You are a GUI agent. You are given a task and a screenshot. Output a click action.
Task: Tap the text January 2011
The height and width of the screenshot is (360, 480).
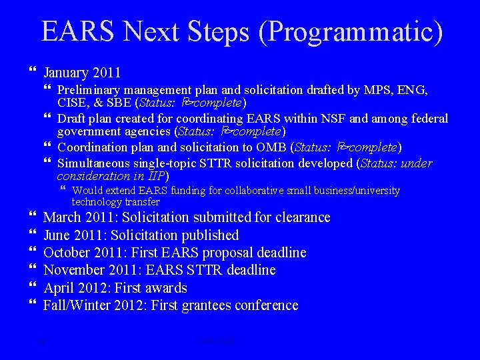point(82,72)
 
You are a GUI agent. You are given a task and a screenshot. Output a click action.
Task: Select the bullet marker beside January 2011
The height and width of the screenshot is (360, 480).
point(34,72)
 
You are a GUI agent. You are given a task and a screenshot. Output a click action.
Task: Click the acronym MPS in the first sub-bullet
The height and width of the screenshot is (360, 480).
point(381,90)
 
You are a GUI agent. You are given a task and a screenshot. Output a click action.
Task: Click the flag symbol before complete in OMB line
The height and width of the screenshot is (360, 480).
point(342,147)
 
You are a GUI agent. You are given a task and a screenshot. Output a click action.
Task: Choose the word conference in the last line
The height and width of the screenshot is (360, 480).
point(266,305)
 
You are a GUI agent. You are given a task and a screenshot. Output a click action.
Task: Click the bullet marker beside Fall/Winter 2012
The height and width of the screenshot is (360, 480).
point(34,305)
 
